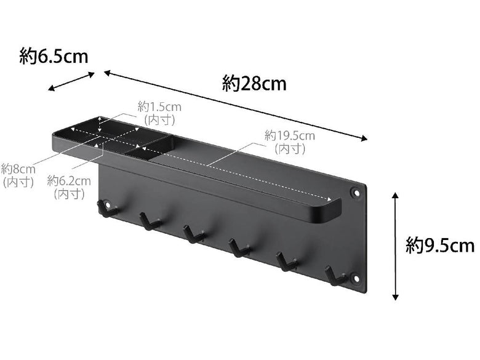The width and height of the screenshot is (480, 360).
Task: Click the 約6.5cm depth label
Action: (54, 57)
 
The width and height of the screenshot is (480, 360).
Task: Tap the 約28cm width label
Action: (254, 83)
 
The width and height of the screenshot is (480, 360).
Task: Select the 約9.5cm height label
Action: (440, 246)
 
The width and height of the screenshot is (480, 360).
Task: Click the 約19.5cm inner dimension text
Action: (289, 136)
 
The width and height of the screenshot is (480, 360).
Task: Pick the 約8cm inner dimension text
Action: (18, 169)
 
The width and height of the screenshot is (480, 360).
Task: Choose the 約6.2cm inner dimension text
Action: (69, 181)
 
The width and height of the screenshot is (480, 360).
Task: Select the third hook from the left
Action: (193, 234)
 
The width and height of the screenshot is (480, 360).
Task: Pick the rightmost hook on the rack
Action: (334, 275)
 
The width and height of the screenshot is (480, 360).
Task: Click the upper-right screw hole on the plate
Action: (356, 193)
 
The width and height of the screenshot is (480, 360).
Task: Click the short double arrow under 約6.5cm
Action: (71, 81)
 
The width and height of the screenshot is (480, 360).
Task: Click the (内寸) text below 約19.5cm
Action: (289, 149)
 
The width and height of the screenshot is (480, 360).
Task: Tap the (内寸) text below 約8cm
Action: (18, 182)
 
